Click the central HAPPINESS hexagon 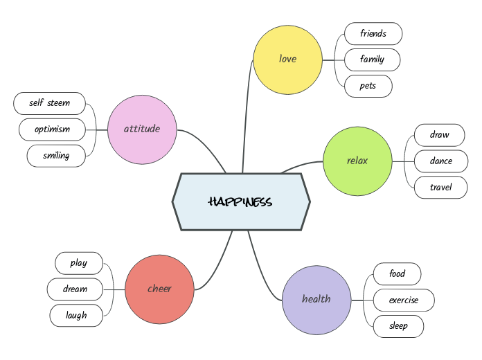point(241,201)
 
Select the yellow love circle point(287,59)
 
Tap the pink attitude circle point(142,129)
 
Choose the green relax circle point(357,161)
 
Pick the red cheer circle point(159,289)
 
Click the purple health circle point(316,299)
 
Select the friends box point(373,33)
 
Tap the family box point(372,60)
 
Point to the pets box point(368,86)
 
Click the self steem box point(49,103)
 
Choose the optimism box point(52,129)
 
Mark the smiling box point(56,156)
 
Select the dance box point(440,161)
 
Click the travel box point(440,187)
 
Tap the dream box point(75,289)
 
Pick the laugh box point(76,316)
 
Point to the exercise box point(403,300)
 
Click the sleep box point(398,326)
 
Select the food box point(397,274)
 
